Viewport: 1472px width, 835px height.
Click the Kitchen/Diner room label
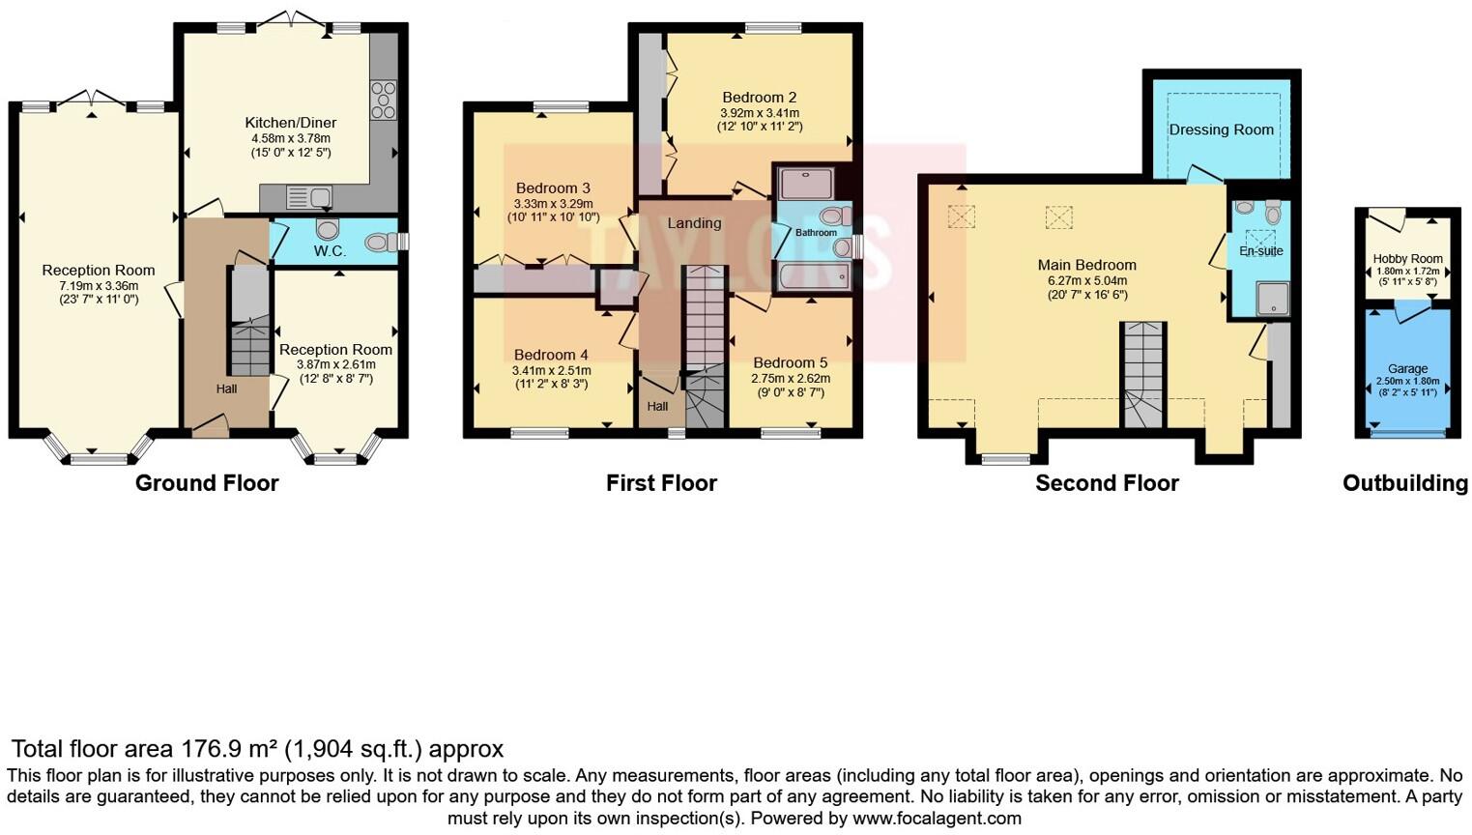coord(290,123)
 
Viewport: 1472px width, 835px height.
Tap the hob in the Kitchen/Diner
coord(383,100)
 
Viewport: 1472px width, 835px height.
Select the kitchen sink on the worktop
coord(309,198)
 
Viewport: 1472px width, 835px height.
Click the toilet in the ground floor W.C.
coord(328,229)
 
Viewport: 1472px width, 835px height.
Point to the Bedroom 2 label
coord(759,97)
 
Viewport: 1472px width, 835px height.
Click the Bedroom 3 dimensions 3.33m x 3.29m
coord(553,204)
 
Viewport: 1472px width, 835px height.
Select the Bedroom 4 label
coord(551,355)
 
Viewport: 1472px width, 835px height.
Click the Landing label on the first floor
coord(694,223)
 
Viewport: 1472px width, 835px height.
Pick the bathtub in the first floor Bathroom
coord(815,276)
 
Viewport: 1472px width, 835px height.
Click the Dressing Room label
coord(1221,130)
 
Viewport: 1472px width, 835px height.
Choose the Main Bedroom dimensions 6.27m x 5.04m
coord(1086,280)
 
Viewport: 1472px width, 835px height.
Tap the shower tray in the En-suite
coord(1272,299)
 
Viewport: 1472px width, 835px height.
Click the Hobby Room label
coord(1407,258)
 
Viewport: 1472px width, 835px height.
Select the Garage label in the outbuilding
coord(1407,368)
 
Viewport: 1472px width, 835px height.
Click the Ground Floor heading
coord(207,483)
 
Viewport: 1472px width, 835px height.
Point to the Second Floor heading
coord(1107,483)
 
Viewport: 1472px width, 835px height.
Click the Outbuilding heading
coord(1404,483)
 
